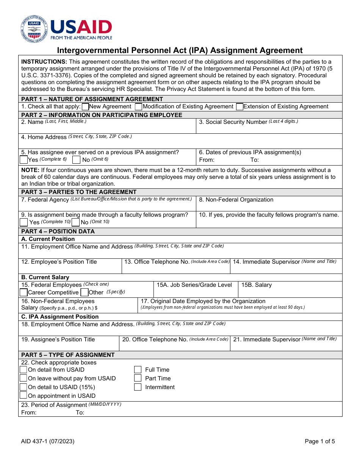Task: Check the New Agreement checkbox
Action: (85, 107)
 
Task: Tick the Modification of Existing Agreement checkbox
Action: (139, 107)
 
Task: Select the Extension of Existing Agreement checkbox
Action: (239, 107)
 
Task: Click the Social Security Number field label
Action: (236, 122)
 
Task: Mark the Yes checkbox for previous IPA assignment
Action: (24, 160)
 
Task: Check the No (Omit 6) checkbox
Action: (76, 160)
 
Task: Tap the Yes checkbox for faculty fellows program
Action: (24, 222)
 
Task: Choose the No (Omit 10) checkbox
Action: (76, 222)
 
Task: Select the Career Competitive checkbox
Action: (24, 292)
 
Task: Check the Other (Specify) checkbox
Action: (85, 292)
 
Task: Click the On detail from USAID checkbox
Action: (23, 370)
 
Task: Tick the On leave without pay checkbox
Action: (23, 378)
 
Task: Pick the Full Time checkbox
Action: (138, 370)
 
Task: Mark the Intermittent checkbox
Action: (138, 387)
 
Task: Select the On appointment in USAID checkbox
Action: (23, 396)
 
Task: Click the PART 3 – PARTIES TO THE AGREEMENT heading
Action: (79, 192)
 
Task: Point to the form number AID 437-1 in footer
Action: (48, 441)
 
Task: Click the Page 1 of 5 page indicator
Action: (319, 441)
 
